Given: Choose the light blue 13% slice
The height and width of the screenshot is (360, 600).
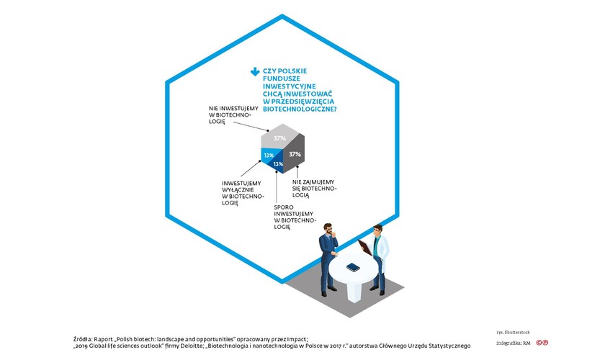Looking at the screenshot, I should click(267, 154).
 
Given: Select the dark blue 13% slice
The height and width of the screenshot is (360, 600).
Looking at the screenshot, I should click(277, 165).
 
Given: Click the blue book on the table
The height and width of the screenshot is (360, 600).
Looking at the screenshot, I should click(353, 268).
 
